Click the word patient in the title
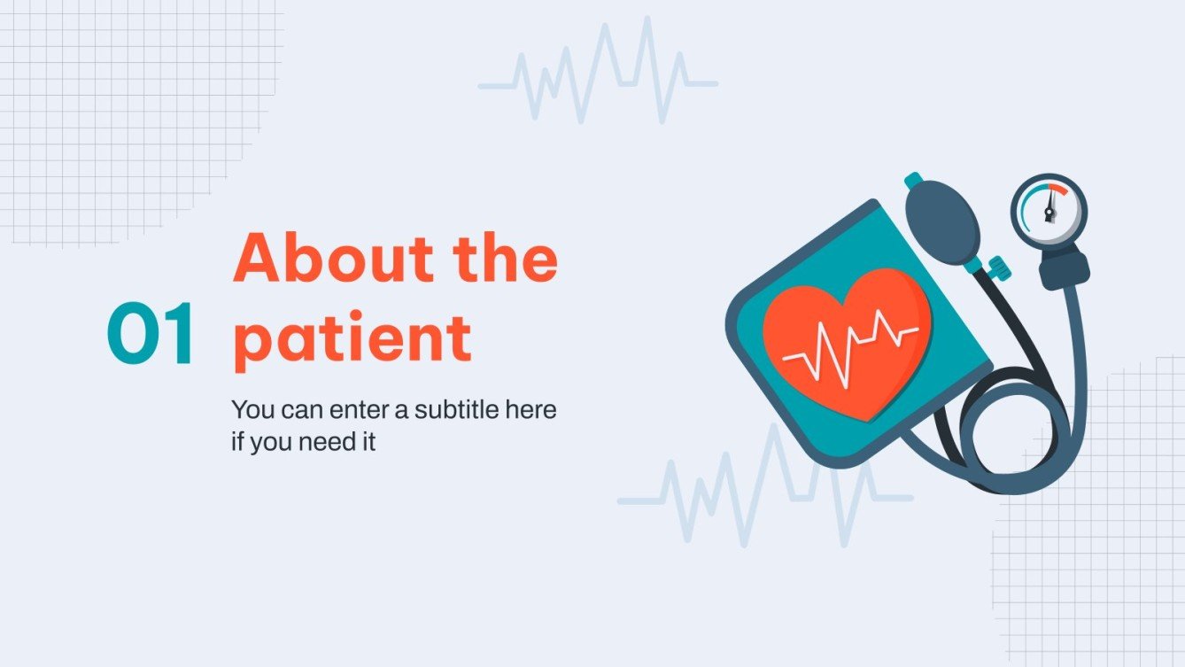pos(352,338)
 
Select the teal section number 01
pos(151,335)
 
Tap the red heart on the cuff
pos(846,341)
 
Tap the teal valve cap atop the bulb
pos(913,181)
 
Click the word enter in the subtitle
pos(346,410)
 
